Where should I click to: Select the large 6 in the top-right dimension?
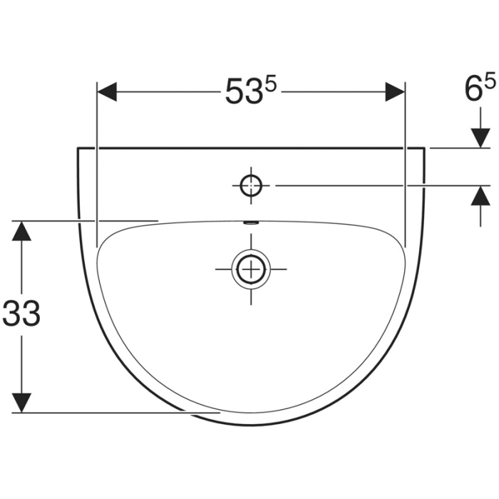[x=473, y=91]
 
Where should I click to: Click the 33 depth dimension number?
[x=21, y=314]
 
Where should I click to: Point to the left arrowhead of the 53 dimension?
[x=106, y=92]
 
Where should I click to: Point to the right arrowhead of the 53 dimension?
[x=395, y=92]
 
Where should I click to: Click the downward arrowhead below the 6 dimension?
[x=480, y=139]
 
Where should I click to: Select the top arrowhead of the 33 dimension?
[x=23, y=230]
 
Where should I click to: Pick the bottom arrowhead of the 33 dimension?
[x=23, y=402]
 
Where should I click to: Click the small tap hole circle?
[x=251, y=185]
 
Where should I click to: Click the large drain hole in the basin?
[x=250, y=269]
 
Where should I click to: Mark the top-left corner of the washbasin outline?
[x=77, y=148]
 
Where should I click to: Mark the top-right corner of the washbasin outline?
[x=426, y=148]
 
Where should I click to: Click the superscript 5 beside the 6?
[x=490, y=83]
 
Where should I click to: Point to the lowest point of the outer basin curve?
[x=251, y=426]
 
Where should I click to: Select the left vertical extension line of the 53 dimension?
[x=96, y=164]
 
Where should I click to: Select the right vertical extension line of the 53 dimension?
[x=405, y=164]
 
